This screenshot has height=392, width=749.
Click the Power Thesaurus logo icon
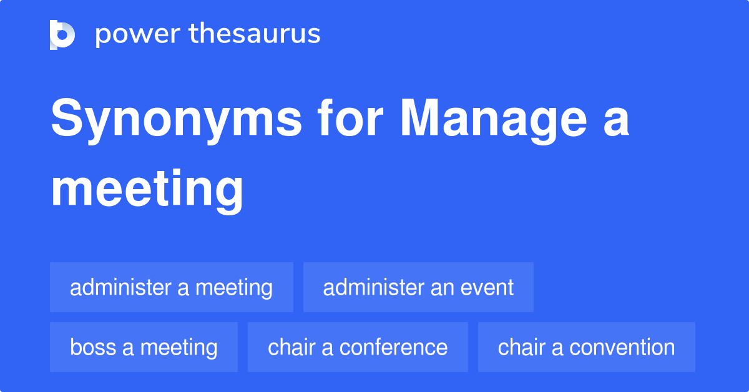[62, 34]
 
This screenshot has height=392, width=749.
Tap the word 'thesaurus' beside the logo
[255, 34]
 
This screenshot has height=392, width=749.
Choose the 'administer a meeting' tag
[171, 288]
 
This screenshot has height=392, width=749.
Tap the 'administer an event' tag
[418, 288]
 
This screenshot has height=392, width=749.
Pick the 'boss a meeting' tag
[144, 347]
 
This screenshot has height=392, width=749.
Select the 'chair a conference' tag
[358, 347]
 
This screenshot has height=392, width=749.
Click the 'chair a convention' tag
[586, 347]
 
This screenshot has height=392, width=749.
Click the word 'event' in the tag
[487, 288]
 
